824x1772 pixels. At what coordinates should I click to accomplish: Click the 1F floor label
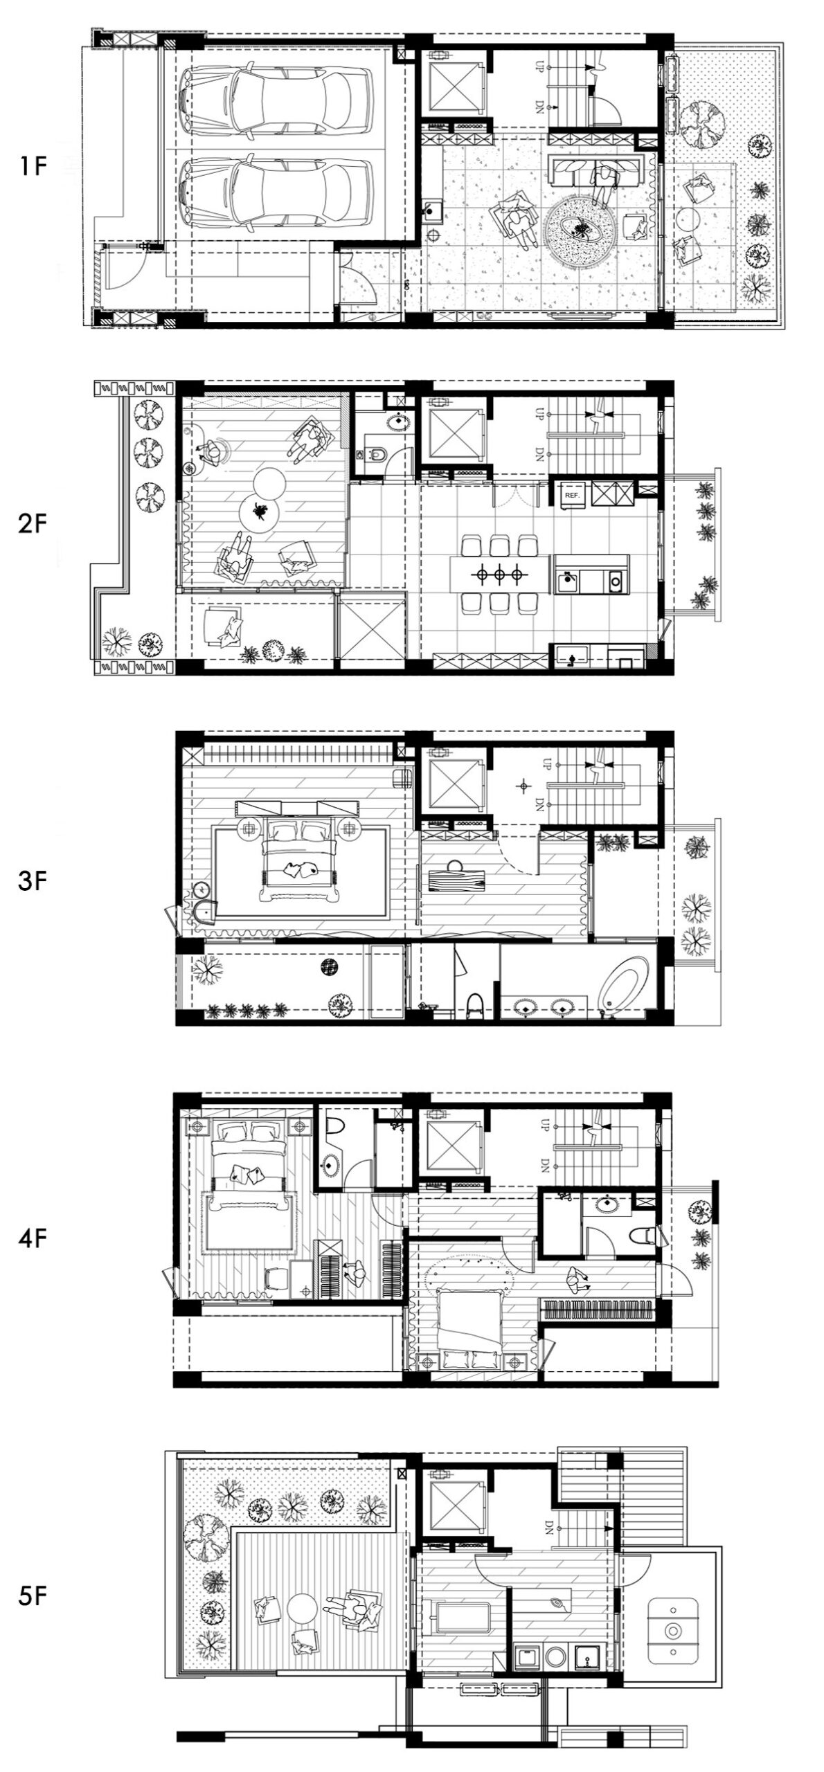[x=32, y=167]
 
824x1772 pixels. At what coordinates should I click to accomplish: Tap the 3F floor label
[x=32, y=883]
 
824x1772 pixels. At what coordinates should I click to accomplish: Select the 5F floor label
[x=32, y=1595]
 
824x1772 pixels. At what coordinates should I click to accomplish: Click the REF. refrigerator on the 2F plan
[x=572, y=496]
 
